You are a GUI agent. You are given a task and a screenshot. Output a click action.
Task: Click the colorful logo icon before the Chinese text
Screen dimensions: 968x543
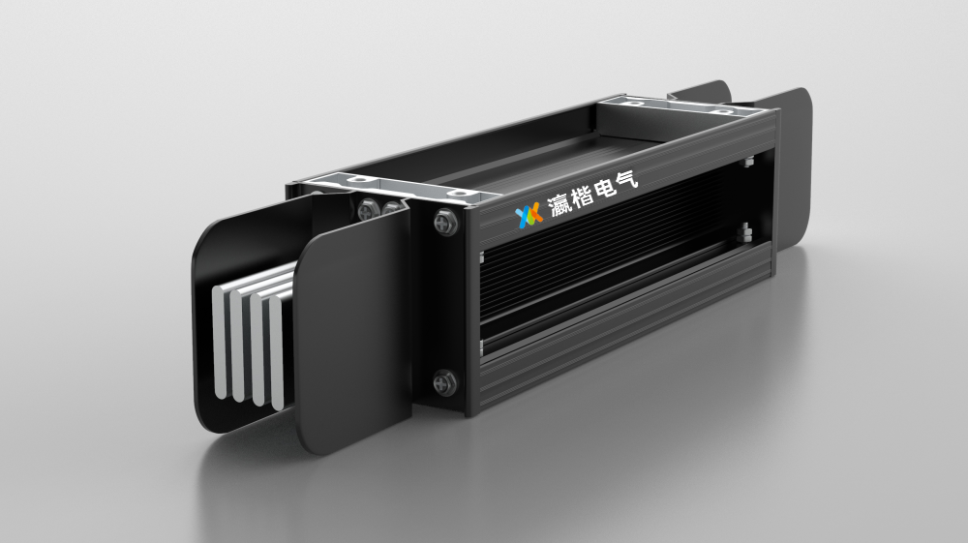coord(529,214)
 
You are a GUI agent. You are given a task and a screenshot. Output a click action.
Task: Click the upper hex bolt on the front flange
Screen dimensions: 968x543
coord(445,222)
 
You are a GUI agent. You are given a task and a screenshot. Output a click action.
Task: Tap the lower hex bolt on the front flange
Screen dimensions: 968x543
coord(444,382)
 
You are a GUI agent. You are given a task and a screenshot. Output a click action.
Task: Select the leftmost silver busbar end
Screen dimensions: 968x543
coord(221,344)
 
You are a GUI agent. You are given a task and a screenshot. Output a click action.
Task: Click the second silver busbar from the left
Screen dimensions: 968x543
coord(238,347)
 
